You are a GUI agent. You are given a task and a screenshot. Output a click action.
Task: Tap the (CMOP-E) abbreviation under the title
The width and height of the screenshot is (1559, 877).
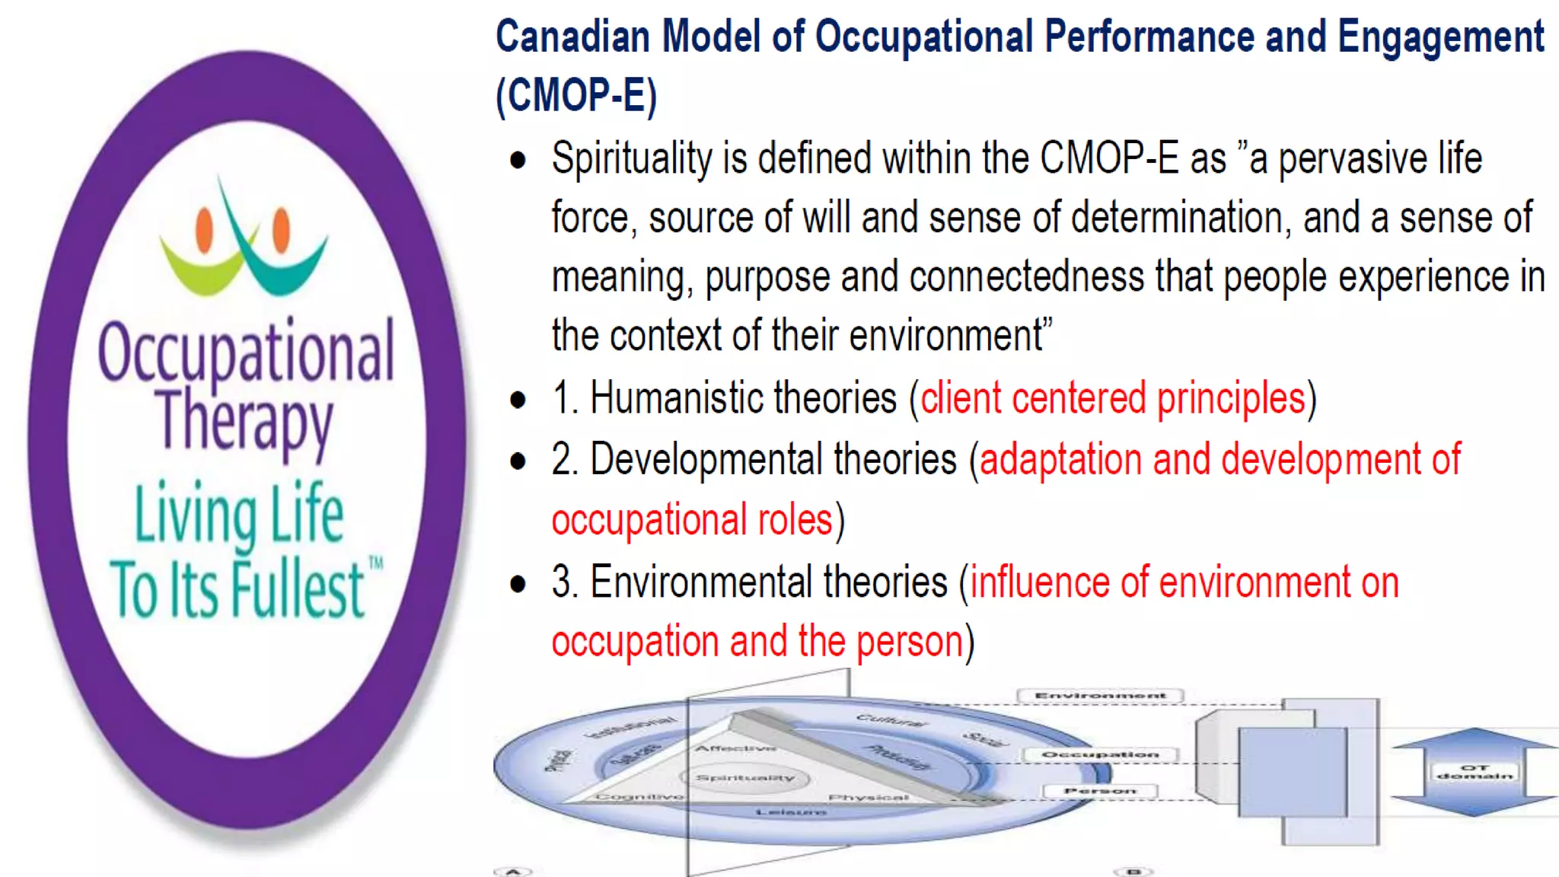coord(576,96)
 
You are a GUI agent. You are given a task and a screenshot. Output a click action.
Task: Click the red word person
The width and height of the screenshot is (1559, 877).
coord(910,642)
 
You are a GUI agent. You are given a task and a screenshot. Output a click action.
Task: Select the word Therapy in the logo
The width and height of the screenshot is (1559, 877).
coord(244,421)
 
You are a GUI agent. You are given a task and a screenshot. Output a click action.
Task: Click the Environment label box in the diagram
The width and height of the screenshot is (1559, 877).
coord(1100,695)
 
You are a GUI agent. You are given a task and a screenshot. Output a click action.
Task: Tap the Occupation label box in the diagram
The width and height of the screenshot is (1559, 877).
coord(1100,754)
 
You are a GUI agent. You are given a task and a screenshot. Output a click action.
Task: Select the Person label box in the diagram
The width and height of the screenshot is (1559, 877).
coord(1100,792)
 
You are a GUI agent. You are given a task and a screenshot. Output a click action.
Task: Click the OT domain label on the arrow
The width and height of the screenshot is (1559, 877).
coord(1475,772)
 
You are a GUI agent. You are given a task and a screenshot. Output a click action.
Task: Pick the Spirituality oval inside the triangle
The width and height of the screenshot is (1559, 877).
coord(745,777)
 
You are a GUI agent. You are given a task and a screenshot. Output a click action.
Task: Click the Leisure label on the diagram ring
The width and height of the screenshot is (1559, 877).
coord(791,812)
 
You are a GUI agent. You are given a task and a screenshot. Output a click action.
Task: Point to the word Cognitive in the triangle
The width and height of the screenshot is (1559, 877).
coord(639,796)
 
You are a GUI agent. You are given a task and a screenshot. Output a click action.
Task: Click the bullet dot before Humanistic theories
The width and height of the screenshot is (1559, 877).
coord(518,400)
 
